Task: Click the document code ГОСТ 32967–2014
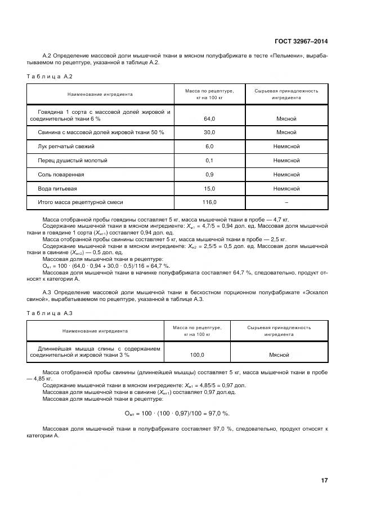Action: pos(301,41)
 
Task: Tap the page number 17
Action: pos(324,480)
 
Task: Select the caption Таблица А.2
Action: pos(50,76)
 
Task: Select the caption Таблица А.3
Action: pos(50,313)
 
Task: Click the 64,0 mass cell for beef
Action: pos(209,118)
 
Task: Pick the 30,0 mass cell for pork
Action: pos(209,132)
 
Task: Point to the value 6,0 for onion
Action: pos(209,147)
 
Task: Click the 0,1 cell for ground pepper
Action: pos(209,161)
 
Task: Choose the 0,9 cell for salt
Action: pos(209,175)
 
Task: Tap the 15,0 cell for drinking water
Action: pos(209,189)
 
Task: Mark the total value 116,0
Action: pos(209,202)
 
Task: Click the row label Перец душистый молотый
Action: pos(69,161)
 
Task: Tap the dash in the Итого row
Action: pos(286,202)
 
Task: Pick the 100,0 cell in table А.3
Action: pos(197,355)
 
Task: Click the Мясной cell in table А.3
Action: pos(279,355)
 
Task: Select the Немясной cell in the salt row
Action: pos(286,175)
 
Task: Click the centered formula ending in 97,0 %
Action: pos(177,414)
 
